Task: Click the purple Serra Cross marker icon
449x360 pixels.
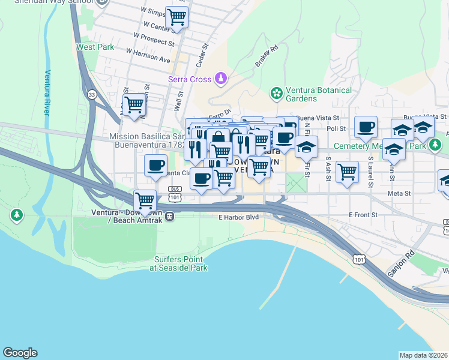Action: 221,79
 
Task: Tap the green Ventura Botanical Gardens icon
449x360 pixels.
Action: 276,93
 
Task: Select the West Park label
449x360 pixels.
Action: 95,46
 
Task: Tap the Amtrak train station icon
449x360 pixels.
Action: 170,216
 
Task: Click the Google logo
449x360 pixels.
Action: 20,353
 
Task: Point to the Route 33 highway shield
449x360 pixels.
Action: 91,95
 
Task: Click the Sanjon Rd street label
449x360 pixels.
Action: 401,263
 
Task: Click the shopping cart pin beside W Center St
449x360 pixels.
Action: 176,17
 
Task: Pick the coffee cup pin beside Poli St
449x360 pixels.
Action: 365,127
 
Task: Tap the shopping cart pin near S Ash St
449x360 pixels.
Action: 347,171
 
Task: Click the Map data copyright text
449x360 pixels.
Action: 423,355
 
